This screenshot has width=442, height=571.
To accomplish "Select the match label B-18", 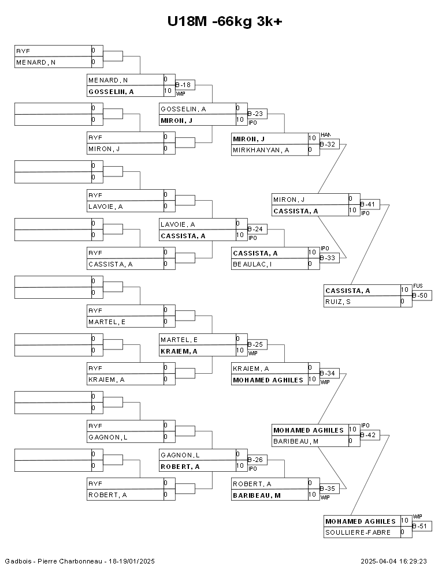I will click(184, 85).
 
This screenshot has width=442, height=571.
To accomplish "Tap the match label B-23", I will click(257, 114).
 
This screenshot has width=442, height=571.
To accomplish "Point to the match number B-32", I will click(329, 144).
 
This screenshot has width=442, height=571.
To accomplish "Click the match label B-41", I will click(369, 204).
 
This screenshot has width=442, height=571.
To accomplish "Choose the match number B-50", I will click(421, 295).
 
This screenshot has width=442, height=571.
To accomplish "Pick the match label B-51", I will click(421, 526).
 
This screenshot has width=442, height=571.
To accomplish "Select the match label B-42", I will click(369, 435).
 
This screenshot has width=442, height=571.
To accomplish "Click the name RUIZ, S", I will click(338, 302).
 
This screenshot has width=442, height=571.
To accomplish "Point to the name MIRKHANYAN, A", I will click(260, 150).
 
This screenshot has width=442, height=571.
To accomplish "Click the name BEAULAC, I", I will click(252, 265).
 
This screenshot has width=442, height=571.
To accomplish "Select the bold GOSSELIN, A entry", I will click(111, 92).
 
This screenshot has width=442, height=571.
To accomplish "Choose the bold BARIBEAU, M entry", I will click(257, 495).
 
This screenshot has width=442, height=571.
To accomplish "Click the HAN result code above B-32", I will click(325, 134).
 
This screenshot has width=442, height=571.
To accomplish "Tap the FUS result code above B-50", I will click(418, 286).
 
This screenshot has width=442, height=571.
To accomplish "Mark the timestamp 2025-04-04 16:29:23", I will click(393, 561).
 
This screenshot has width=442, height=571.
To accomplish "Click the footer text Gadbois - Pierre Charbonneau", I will click(53, 561).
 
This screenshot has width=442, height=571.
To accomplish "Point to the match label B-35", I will click(329, 489).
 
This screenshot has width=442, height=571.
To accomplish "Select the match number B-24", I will click(257, 230).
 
